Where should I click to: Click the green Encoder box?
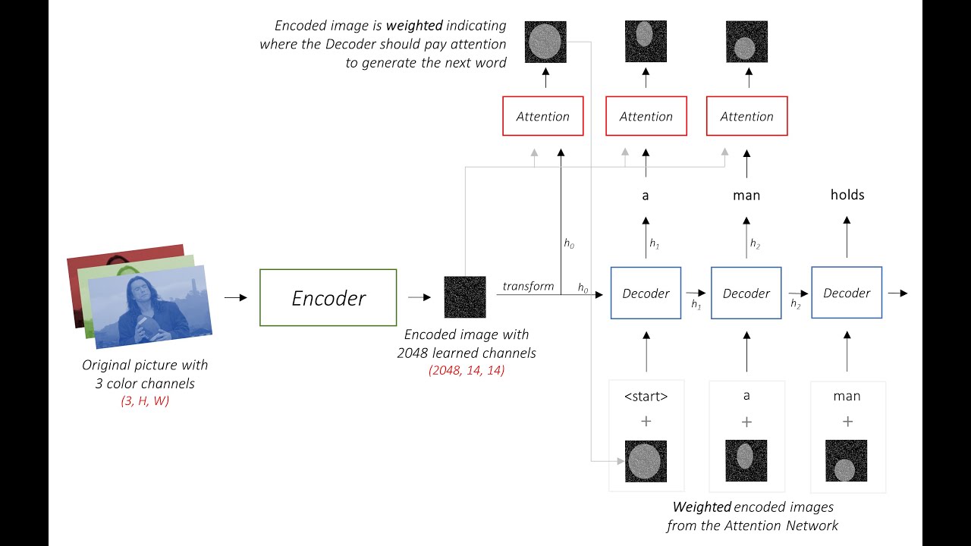(x=328, y=297)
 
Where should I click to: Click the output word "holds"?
(x=847, y=195)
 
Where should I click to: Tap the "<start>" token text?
(x=646, y=396)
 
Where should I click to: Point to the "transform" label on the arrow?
(x=528, y=286)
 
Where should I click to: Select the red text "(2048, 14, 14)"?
(x=466, y=370)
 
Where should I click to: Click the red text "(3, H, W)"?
(x=145, y=400)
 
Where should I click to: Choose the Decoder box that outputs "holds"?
(x=847, y=293)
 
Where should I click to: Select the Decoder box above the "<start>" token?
(x=646, y=293)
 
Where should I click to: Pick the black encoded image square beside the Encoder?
(x=464, y=297)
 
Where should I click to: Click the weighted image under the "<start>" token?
(x=646, y=461)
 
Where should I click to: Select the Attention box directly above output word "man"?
(x=746, y=116)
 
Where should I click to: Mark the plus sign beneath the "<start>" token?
(x=646, y=422)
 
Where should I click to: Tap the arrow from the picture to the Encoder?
(x=236, y=297)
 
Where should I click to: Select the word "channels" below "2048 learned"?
(x=509, y=353)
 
